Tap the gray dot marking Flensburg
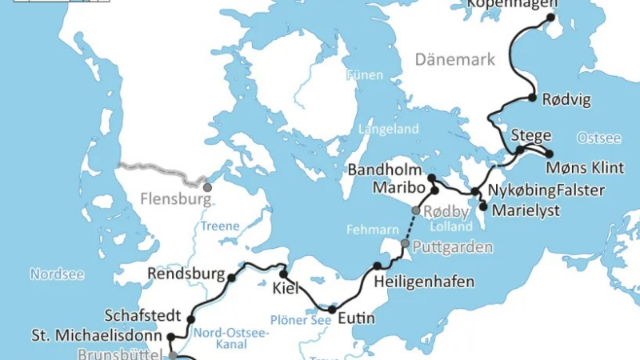coord(207,187)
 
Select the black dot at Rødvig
coord(532,98)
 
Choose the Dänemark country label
coord(455,59)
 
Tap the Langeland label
coord(388,129)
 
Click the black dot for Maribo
coord(434,191)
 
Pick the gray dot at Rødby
coord(415,210)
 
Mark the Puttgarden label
coord(453,246)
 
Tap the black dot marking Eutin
coord(332,309)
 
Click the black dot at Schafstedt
coord(191,319)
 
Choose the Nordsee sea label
coord(57,274)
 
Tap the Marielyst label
coord(526,211)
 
